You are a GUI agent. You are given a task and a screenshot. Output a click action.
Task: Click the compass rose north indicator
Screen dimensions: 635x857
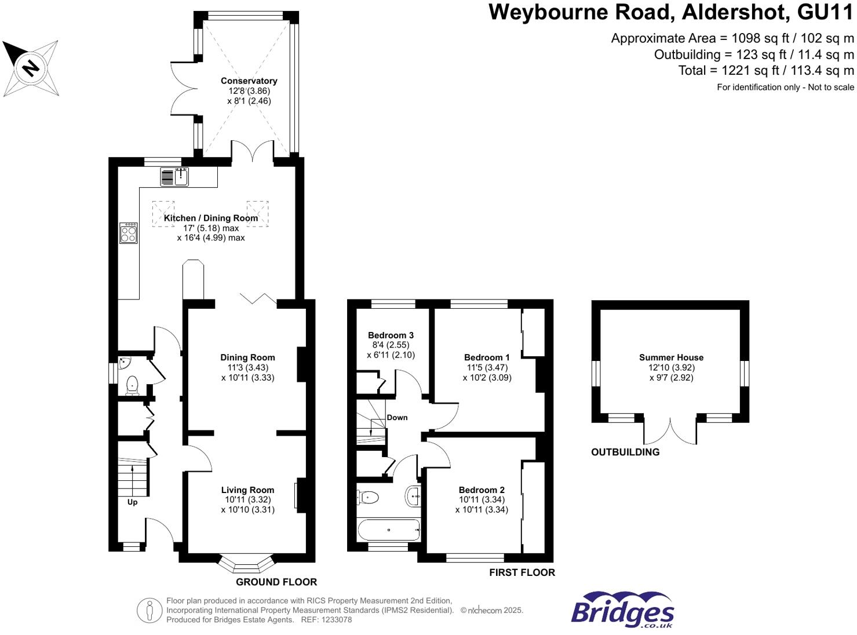(30, 68)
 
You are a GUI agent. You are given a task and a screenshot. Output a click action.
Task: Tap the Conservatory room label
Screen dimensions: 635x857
(249, 81)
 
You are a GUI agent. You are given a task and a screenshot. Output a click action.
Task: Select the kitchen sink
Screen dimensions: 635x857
(181, 177)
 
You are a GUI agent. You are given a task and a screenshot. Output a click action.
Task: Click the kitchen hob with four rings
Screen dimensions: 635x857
(129, 233)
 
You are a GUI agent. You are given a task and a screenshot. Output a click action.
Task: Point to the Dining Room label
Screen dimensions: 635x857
(247, 357)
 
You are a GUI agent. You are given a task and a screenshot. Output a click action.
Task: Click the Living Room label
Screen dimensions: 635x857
(247, 490)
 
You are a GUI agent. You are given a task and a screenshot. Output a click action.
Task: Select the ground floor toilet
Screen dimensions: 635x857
(133, 384)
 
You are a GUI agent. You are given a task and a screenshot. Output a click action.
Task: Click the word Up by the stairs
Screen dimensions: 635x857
(132, 502)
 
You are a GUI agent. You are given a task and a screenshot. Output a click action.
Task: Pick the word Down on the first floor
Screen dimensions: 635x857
(397, 418)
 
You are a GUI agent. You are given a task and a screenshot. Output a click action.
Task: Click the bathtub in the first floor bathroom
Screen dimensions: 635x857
(388, 530)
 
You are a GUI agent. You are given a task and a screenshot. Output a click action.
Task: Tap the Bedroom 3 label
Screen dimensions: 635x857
(391, 335)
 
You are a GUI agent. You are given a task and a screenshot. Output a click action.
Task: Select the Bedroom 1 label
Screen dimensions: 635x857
(487, 357)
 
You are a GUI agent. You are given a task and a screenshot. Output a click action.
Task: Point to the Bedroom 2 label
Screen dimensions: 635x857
(482, 490)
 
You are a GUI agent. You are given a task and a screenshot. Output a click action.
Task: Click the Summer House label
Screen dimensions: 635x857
(671, 357)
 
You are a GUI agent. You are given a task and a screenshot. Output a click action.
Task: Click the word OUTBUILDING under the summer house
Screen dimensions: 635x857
(625, 452)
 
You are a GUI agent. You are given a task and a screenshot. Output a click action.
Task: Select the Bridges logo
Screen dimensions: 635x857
(622, 610)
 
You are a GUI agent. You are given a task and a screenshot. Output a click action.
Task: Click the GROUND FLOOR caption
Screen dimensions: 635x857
(276, 582)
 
